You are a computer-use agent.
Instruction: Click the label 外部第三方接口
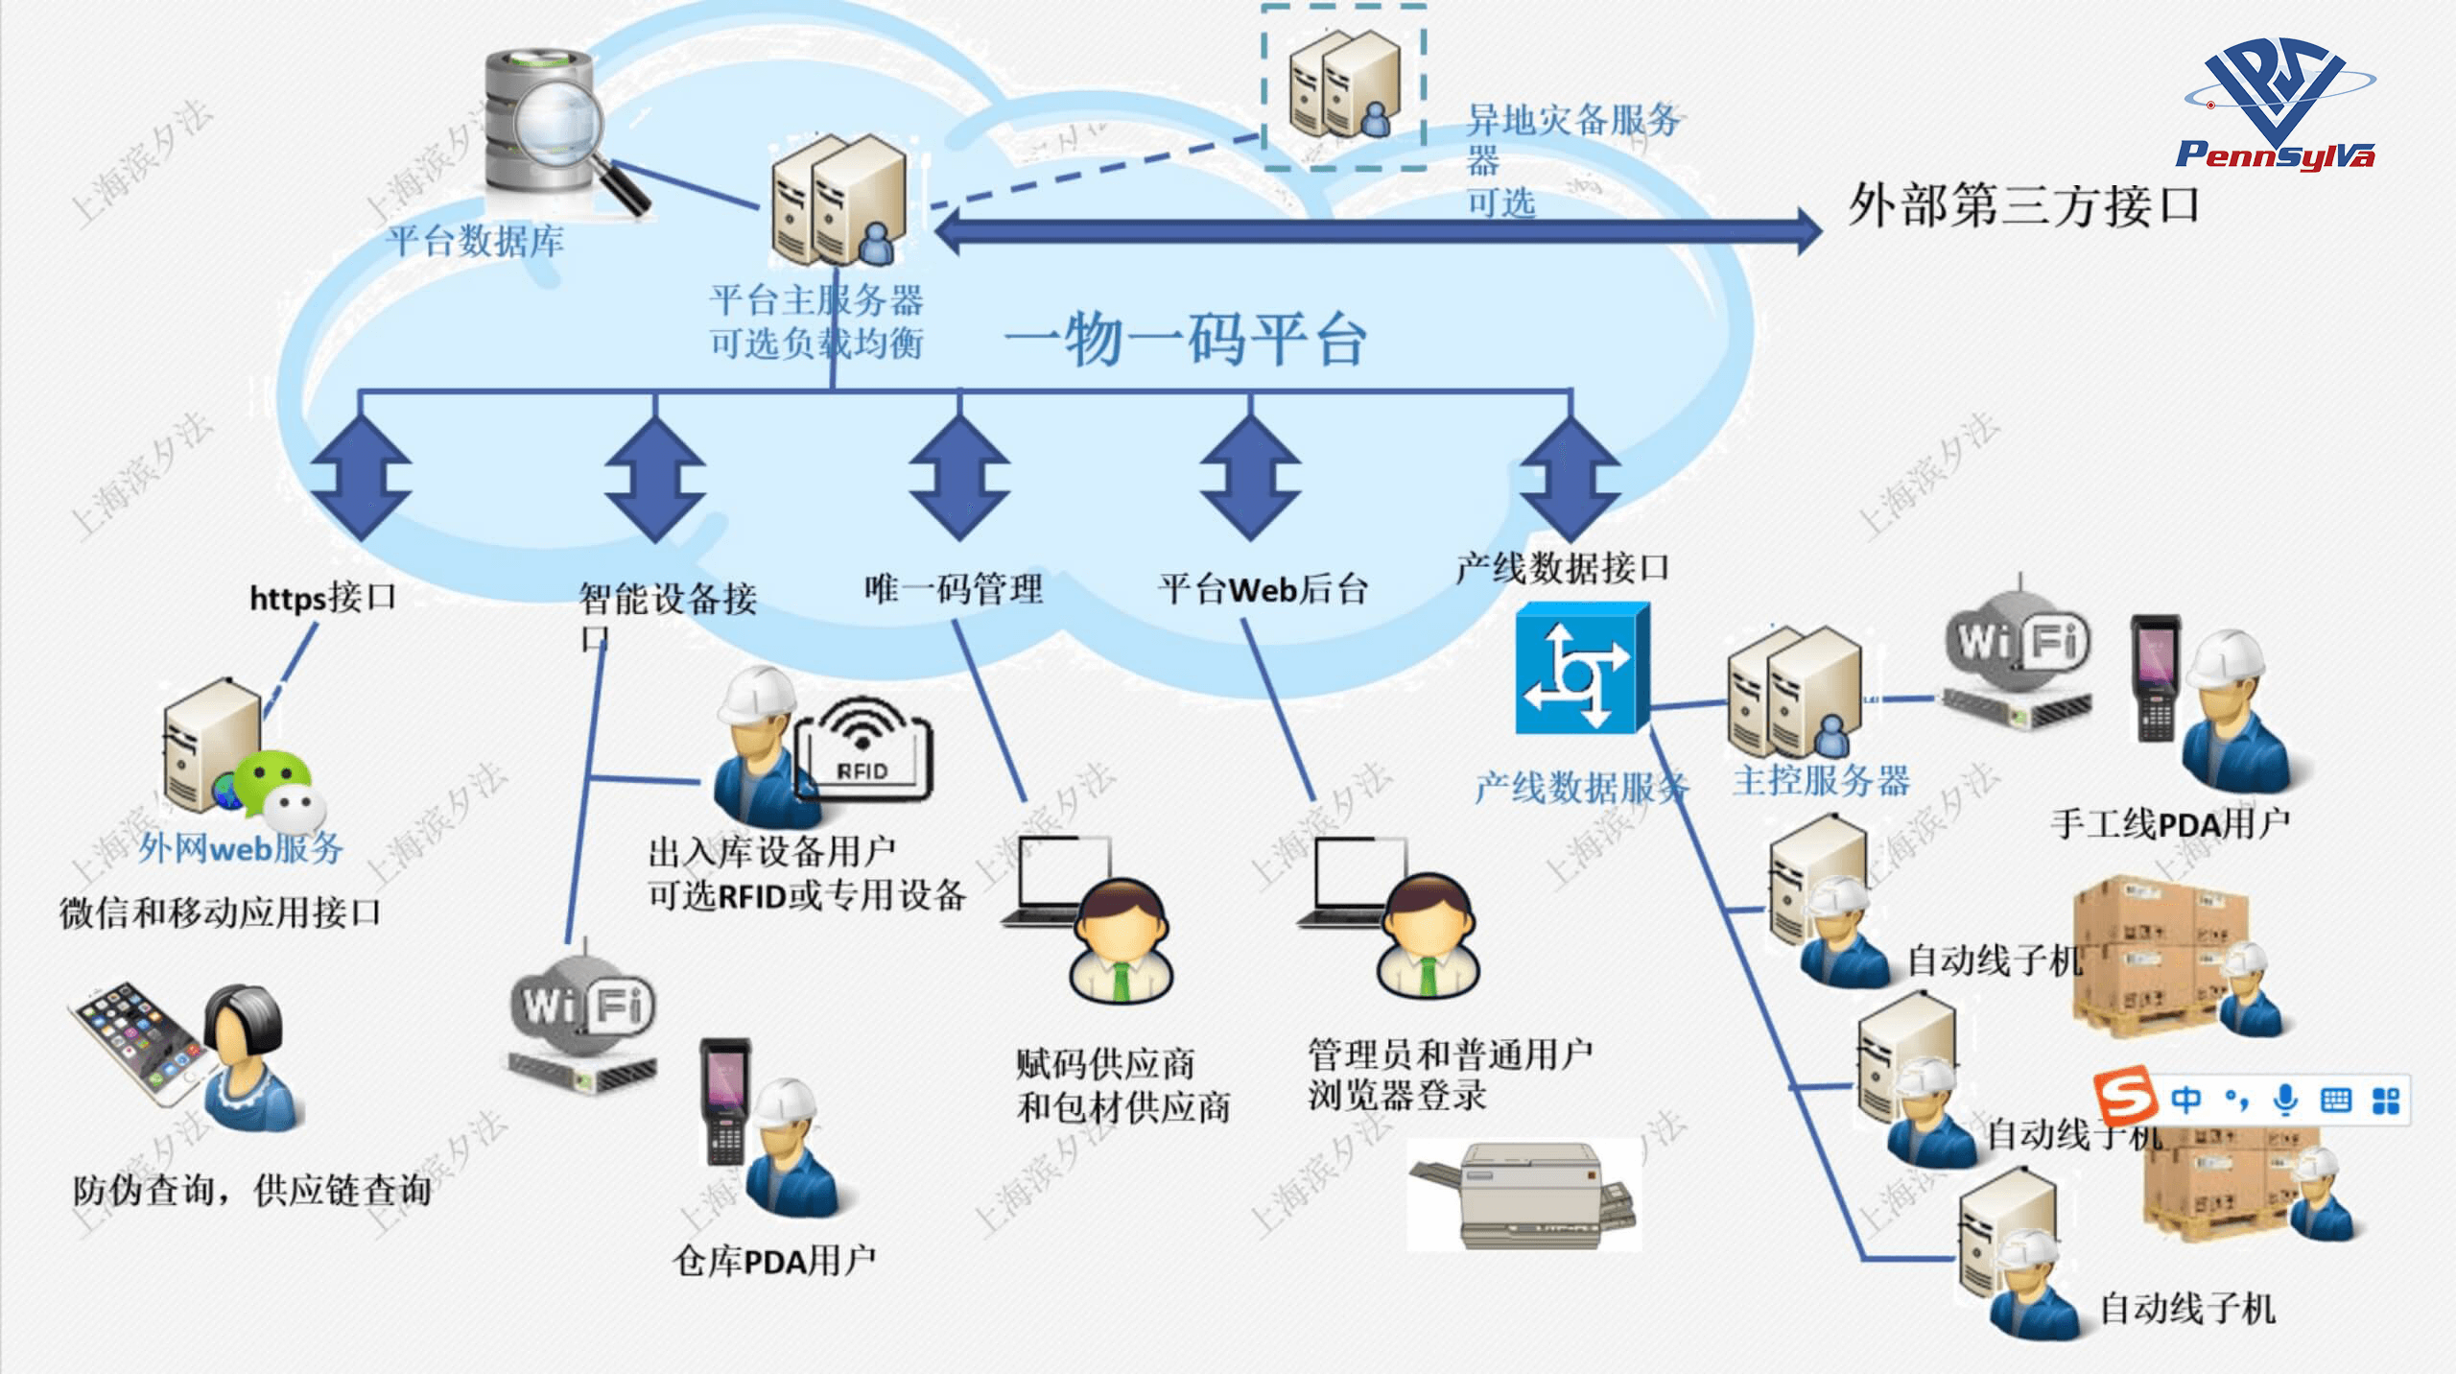click(x=2023, y=205)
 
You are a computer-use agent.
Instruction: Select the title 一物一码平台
click(x=1186, y=339)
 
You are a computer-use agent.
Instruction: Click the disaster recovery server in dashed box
click(x=1343, y=86)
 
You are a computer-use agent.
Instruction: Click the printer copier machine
click(x=1525, y=1195)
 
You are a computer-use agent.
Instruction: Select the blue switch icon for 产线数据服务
click(x=1582, y=669)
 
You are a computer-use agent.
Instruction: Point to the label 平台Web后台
click(x=1263, y=588)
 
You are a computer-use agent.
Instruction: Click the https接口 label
click(x=322, y=597)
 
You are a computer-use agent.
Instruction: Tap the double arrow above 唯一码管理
click(x=959, y=477)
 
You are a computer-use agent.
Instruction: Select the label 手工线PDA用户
click(x=2170, y=823)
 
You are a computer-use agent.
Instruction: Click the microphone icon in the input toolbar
click(x=2286, y=1100)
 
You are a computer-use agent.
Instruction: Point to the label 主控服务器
click(x=1821, y=780)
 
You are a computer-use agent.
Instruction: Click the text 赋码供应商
click(x=1105, y=1063)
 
